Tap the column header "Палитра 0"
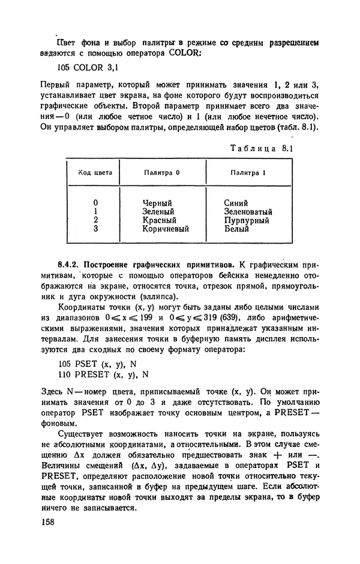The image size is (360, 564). (162, 173)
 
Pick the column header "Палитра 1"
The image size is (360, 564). (248, 173)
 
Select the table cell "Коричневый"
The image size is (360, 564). (166, 229)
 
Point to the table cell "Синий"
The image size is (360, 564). (236, 203)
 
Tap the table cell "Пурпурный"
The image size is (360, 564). (246, 220)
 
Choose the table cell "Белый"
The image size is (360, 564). (236, 229)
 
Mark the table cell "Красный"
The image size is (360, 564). (159, 220)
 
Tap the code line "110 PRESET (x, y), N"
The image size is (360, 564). (103, 375)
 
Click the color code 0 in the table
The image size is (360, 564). (95, 203)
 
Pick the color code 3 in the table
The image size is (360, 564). (95, 229)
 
